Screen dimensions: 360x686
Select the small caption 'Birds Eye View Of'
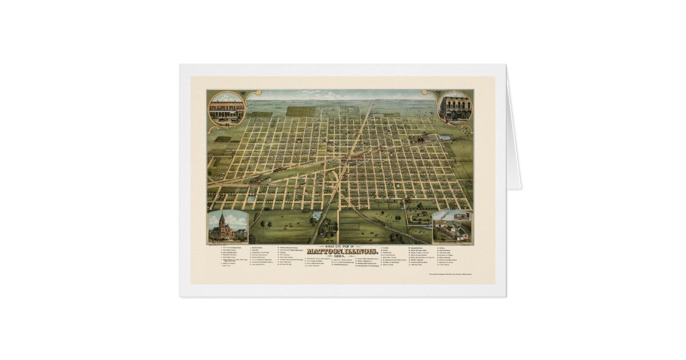pyautogui.click(x=341, y=246)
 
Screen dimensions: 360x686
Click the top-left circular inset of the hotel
pyautogui.click(x=226, y=108)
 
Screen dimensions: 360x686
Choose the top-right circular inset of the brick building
pyautogui.click(x=455, y=106)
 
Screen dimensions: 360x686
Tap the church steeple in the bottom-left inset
pyautogui.click(x=222, y=220)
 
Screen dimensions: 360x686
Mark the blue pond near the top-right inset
pyautogui.click(x=444, y=138)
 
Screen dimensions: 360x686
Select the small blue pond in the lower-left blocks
pyautogui.click(x=251, y=198)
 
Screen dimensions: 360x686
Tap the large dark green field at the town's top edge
pyautogui.click(x=301, y=111)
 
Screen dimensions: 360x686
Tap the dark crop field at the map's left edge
pyautogui.click(x=222, y=139)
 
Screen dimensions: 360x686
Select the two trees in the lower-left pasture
pyautogui.click(x=265, y=223)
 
